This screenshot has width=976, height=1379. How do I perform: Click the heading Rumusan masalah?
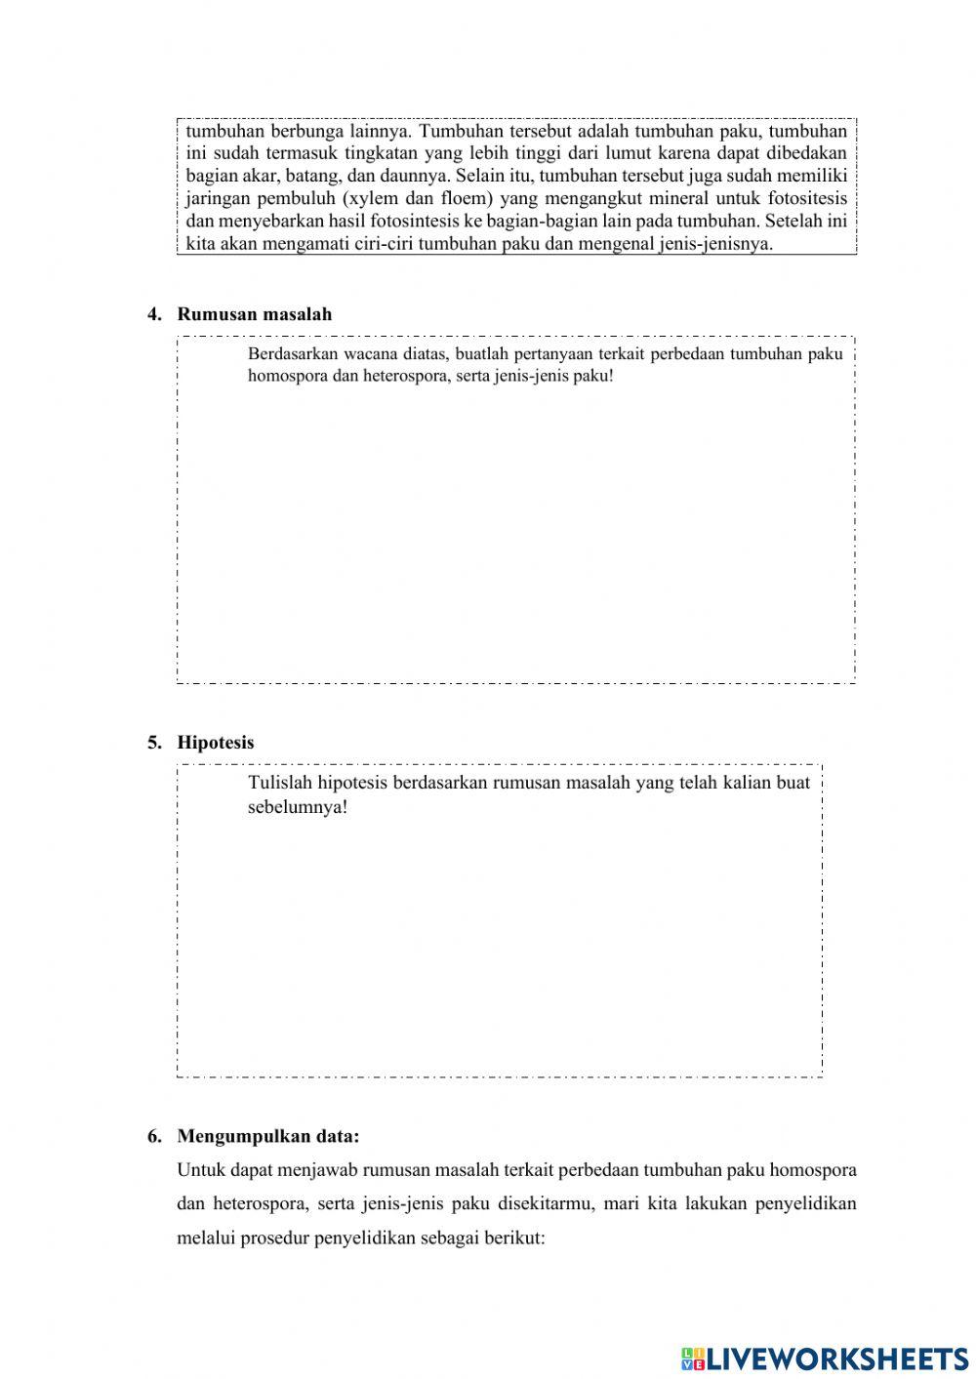[x=254, y=314]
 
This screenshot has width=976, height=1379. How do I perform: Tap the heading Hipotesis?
[x=215, y=743]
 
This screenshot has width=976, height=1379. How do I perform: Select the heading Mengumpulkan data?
[x=268, y=1136]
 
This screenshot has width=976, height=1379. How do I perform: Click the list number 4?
[x=154, y=314]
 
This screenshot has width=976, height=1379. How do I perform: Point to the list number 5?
[x=154, y=743]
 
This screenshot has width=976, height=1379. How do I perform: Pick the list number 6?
[x=154, y=1136]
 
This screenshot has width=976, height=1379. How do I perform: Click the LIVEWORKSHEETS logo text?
[x=837, y=1358]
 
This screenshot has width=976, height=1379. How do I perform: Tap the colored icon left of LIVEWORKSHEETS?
[x=693, y=1358]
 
